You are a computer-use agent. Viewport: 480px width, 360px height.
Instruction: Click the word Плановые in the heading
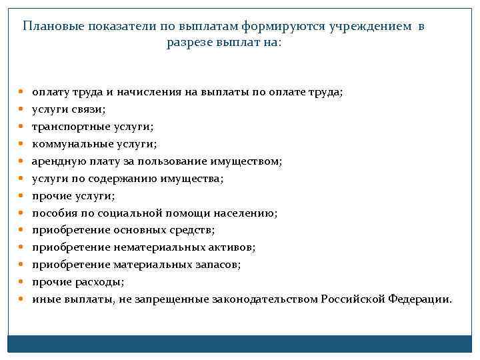[51, 27]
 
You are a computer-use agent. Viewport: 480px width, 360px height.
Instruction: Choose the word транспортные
[63, 127]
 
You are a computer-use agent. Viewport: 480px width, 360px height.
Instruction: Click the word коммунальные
[67, 144]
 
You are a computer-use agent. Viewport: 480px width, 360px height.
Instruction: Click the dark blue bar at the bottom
[240, 343]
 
